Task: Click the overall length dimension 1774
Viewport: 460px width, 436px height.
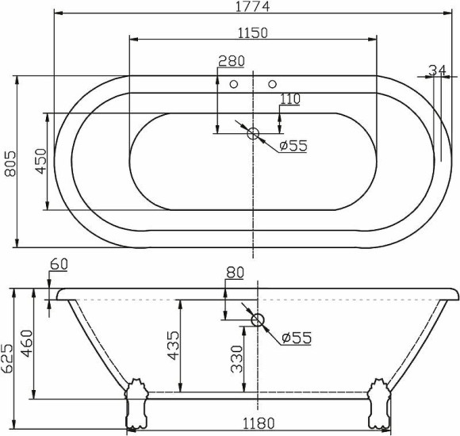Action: click(x=251, y=7)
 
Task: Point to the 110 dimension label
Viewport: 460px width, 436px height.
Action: click(x=289, y=99)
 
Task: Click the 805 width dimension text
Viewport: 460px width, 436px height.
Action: click(x=9, y=163)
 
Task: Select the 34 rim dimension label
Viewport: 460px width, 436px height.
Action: click(x=436, y=70)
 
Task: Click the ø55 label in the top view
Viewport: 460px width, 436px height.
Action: click(x=292, y=145)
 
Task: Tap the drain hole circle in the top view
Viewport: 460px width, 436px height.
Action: click(x=254, y=134)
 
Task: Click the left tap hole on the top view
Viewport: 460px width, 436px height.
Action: click(x=234, y=83)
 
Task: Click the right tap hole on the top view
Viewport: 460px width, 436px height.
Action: click(x=272, y=83)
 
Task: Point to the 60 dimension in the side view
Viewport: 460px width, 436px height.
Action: click(x=59, y=264)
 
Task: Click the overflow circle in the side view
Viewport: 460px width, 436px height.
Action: click(x=257, y=320)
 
